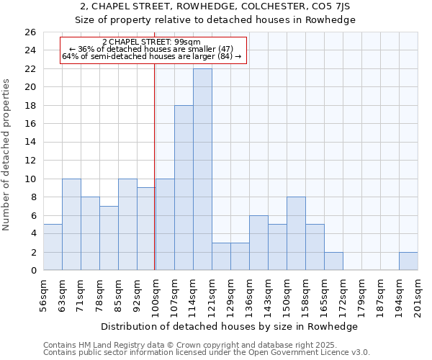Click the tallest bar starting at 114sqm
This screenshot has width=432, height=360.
click(x=202, y=169)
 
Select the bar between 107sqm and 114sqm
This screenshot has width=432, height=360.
click(x=184, y=187)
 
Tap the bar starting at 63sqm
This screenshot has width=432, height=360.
click(x=71, y=224)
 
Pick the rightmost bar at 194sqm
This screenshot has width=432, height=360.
click(x=408, y=261)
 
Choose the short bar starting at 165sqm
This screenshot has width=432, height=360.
click(x=333, y=261)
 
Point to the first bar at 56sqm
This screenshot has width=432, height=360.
click(x=53, y=247)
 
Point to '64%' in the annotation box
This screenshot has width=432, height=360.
click(x=69, y=55)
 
